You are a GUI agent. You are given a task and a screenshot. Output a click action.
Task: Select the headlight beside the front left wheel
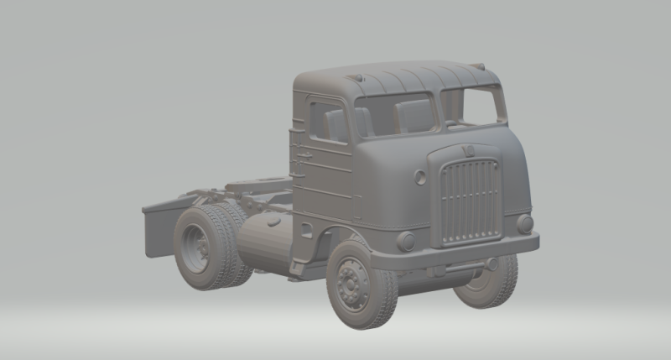click(406, 242)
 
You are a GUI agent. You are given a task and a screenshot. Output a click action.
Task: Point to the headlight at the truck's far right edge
click(525, 223)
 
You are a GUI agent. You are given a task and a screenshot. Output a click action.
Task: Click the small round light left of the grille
click(419, 178)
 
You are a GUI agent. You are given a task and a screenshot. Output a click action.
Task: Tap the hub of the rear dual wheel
click(199, 244)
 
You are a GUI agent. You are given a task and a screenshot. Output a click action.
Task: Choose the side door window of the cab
click(328, 123)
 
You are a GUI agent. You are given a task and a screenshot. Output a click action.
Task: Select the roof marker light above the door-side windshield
click(358, 78)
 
